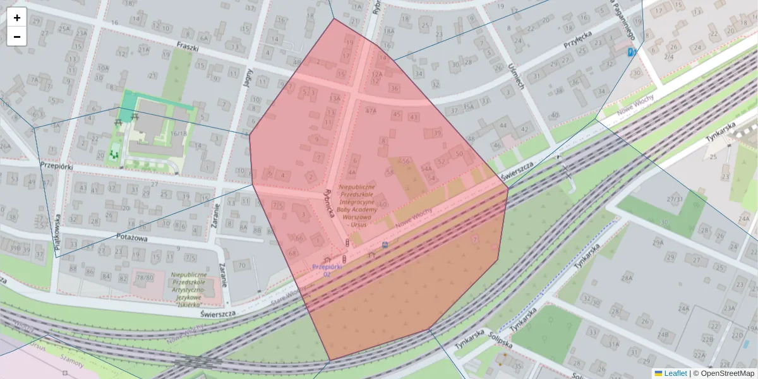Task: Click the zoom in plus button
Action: pyautogui.click(x=17, y=18)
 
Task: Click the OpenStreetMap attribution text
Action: pyautogui.click(x=727, y=373)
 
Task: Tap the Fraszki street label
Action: pyautogui.click(x=188, y=47)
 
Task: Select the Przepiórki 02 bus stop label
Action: pyautogui.click(x=327, y=270)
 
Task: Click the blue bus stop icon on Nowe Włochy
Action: pyautogui.click(x=385, y=244)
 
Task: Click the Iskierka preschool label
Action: pyautogui.click(x=189, y=289)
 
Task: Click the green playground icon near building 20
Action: pyautogui.click(x=114, y=153)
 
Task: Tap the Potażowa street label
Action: pyautogui.click(x=132, y=237)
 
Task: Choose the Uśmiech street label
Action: pyautogui.click(x=515, y=75)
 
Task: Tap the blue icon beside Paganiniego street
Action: pyautogui.click(x=630, y=52)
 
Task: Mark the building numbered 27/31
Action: pyautogui.click(x=674, y=200)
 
